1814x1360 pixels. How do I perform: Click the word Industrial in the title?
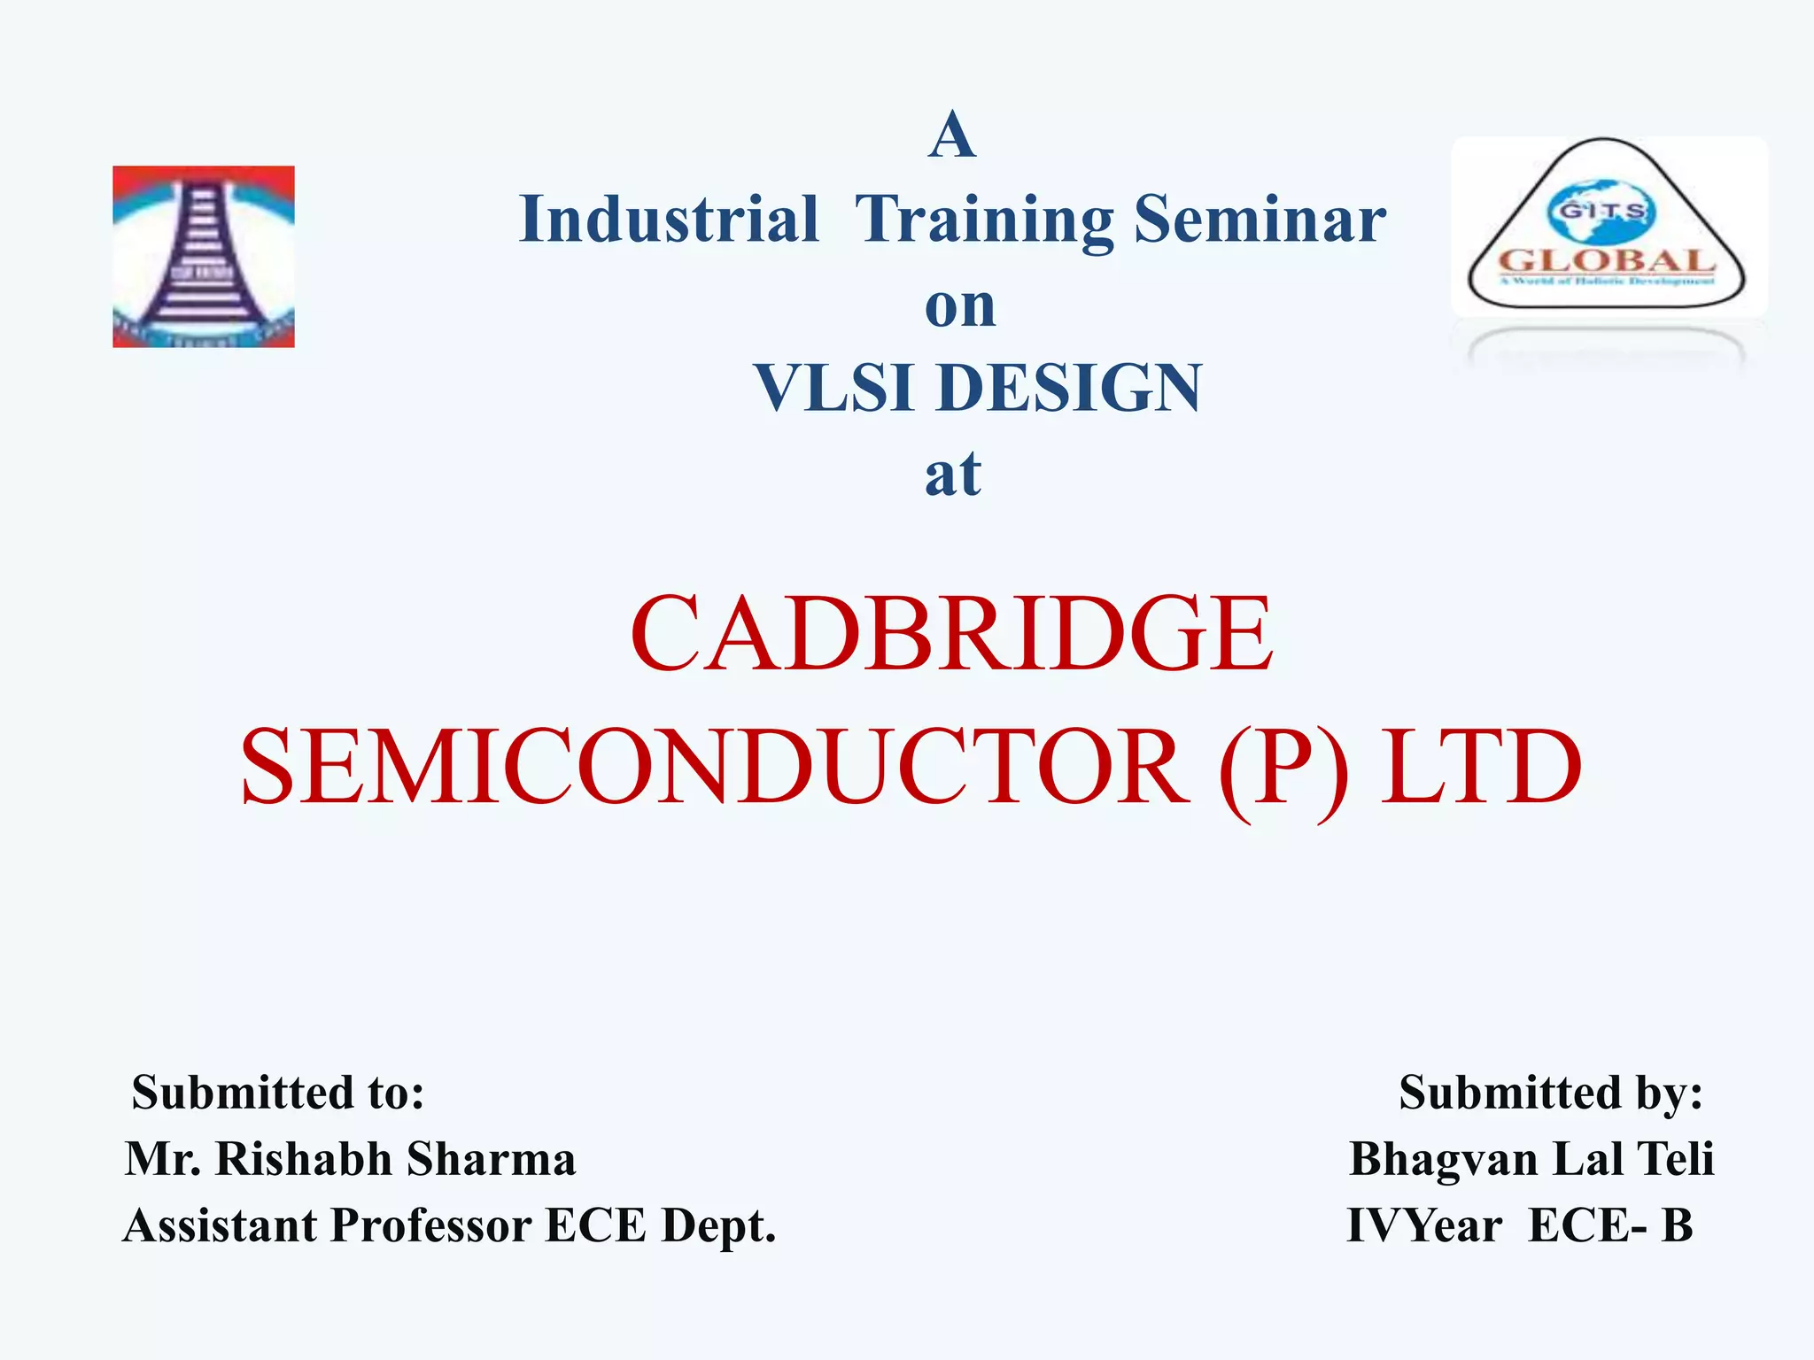[669, 219]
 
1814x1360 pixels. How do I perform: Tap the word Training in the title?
[984, 220]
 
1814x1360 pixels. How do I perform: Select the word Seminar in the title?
[1260, 219]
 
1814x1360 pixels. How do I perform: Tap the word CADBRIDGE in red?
[951, 634]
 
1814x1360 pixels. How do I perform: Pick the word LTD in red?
[1481, 767]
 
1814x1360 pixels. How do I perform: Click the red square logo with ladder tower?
[204, 257]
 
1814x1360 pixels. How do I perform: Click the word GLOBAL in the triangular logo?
[1606, 261]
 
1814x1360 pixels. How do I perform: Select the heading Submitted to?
[277, 1092]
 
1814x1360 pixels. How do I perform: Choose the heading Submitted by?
[1550, 1092]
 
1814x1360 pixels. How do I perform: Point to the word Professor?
[431, 1225]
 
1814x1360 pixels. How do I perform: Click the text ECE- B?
[1610, 1225]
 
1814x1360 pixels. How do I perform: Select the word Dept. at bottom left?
[718, 1225]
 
